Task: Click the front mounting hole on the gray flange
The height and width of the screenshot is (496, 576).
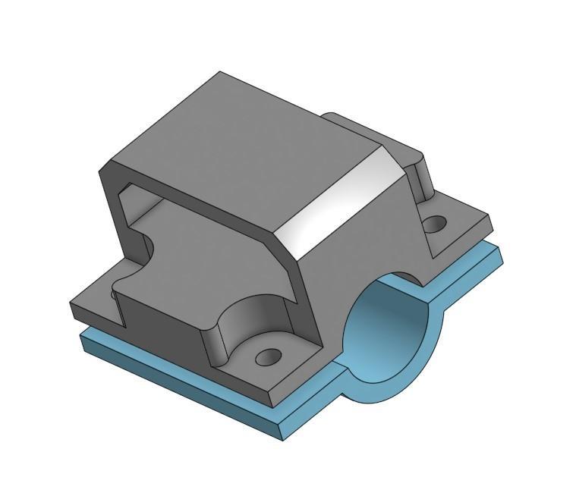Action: (x=268, y=356)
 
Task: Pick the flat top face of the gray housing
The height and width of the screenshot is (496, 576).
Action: (x=243, y=144)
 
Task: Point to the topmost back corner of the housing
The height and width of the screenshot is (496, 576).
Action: (x=220, y=73)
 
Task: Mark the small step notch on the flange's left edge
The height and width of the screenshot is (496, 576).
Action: (x=118, y=292)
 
